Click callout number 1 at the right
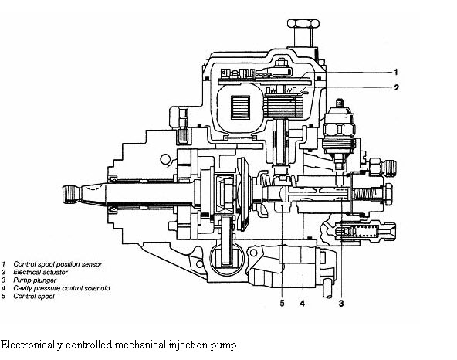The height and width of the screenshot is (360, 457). (x=396, y=72)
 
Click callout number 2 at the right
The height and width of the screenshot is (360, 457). (x=396, y=87)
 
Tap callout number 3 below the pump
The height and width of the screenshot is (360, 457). (x=341, y=304)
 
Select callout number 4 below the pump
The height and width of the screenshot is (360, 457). (x=303, y=304)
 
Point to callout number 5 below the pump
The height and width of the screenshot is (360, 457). (x=282, y=304)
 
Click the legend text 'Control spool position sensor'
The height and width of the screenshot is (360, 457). (x=58, y=264)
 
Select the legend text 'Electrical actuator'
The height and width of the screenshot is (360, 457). (x=40, y=272)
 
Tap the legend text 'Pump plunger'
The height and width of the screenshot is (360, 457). (x=35, y=280)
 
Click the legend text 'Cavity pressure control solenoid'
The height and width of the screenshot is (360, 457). (x=62, y=288)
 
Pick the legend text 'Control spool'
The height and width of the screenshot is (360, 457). (x=34, y=297)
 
